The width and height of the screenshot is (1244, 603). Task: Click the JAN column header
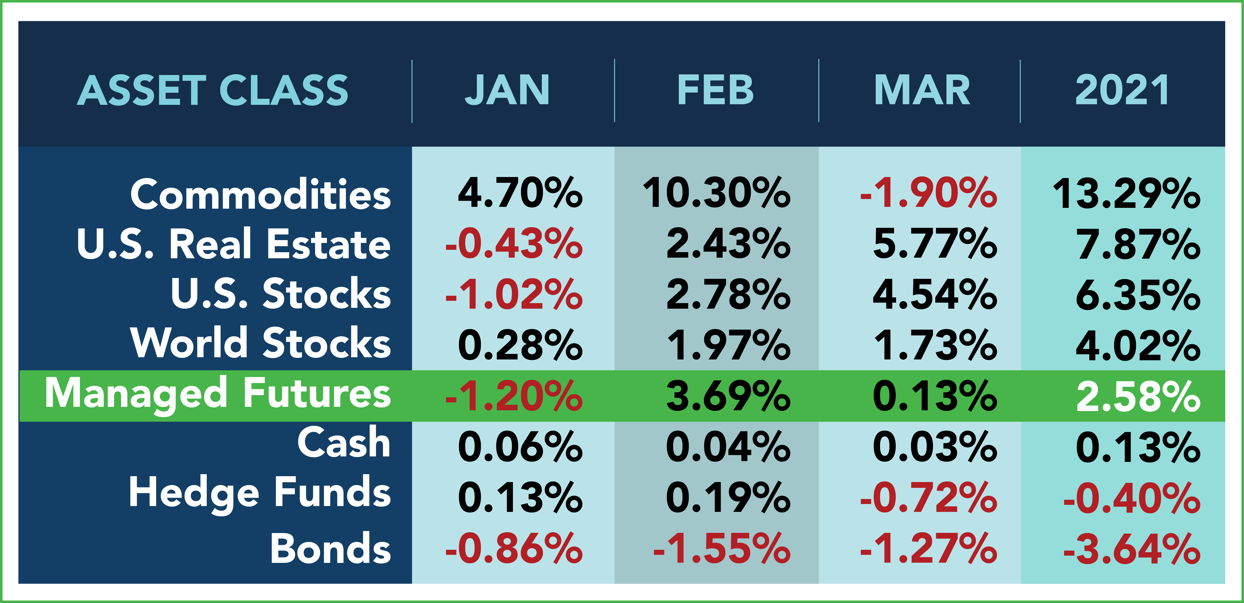click(507, 90)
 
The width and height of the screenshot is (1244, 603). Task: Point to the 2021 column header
click(1122, 90)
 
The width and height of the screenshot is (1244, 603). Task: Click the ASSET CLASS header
click(213, 90)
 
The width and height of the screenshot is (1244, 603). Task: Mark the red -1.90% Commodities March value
click(928, 193)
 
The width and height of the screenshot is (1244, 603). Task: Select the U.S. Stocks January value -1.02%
click(514, 295)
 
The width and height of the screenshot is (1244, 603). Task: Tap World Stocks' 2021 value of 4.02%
click(1138, 345)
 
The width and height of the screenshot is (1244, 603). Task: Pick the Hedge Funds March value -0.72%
click(928, 498)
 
